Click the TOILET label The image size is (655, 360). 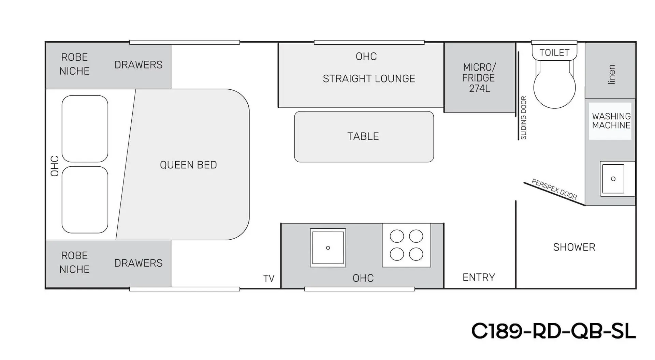[554, 53]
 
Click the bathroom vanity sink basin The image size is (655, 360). [613, 179]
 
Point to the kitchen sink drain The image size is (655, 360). [328, 248]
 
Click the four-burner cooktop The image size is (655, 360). [406, 245]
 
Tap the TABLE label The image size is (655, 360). [363, 136]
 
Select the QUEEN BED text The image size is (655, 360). [188, 165]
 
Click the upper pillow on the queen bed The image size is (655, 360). [85, 129]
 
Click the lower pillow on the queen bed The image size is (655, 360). [85, 200]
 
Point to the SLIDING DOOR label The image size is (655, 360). [524, 118]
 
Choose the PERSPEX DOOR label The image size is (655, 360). [554, 189]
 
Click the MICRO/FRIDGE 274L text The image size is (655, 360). [479, 78]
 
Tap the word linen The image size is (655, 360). [611, 74]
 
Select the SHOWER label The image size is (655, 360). [574, 247]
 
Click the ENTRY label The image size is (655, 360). [479, 277]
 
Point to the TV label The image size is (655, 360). [269, 279]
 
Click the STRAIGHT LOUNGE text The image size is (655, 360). [369, 79]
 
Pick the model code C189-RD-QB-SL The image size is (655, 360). [554, 331]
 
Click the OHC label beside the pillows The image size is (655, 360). [55, 166]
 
